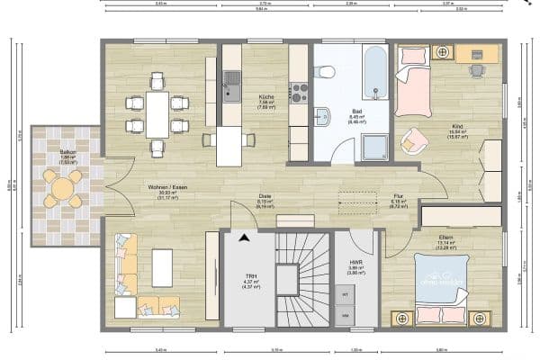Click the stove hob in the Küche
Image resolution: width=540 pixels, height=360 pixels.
click(298, 90)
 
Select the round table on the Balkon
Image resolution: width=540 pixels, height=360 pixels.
click(61, 189)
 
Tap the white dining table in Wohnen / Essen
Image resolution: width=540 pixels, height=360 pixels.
click(157, 113)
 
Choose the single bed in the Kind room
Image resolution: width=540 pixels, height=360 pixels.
click(412, 86)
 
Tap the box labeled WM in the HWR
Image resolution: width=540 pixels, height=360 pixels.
click(344, 315)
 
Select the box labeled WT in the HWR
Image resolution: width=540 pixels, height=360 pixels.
click(344, 294)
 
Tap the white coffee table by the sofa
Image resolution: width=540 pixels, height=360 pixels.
click(163, 267)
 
